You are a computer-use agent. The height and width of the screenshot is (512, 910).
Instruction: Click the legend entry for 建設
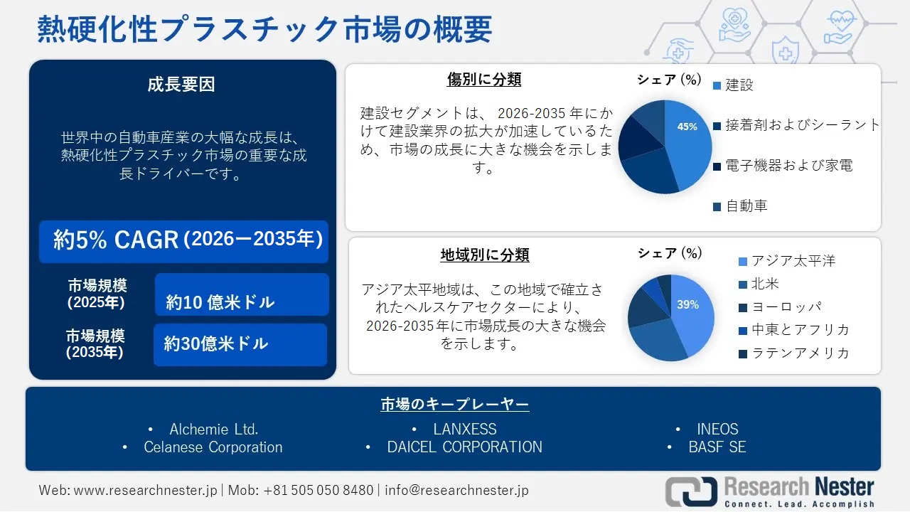[x=739, y=85]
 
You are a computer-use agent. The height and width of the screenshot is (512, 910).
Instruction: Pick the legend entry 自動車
[x=746, y=206]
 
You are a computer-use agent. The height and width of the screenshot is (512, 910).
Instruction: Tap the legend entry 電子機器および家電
[x=788, y=166]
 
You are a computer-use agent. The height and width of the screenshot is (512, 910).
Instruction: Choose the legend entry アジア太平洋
[x=793, y=261]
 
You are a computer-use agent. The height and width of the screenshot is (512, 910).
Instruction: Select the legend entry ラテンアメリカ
[x=800, y=353]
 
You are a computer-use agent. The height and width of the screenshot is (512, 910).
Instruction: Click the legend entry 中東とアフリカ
[x=800, y=330]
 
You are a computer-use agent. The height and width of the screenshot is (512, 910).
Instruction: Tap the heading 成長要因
[x=181, y=85]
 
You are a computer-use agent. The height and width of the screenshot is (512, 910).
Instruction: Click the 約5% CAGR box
[x=184, y=240]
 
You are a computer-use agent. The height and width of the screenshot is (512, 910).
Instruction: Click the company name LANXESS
[x=464, y=430]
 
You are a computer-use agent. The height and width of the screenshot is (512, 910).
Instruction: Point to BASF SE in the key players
[x=717, y=447]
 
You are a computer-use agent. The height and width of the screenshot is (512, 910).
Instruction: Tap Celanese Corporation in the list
[x=213, y=447]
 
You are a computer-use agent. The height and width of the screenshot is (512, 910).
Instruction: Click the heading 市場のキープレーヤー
[x=454, y=405]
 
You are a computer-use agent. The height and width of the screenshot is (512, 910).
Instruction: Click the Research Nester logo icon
[x=691, y=491]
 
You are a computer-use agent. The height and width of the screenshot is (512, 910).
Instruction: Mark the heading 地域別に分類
[x=484, y=254]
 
